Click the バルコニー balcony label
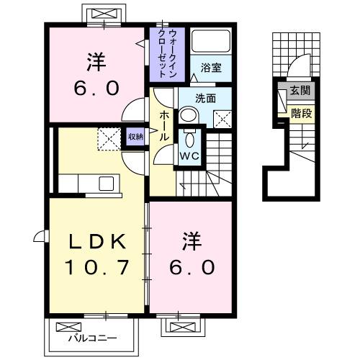pyautogui.click(x=84, y=337)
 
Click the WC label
pyautogui.click(x=190, y=156)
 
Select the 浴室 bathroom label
pyautogui.click(x=211, y=68)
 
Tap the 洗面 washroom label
pyautogui.click(x=206, y=99)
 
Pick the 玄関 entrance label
pyautogui.click(x=300, y=90)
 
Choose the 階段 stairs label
pyautogui.click(x=300, y=112)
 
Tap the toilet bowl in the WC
pyautogui.click(x=190, y=138)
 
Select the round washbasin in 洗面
pyautogui.click(x=188, y=115)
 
